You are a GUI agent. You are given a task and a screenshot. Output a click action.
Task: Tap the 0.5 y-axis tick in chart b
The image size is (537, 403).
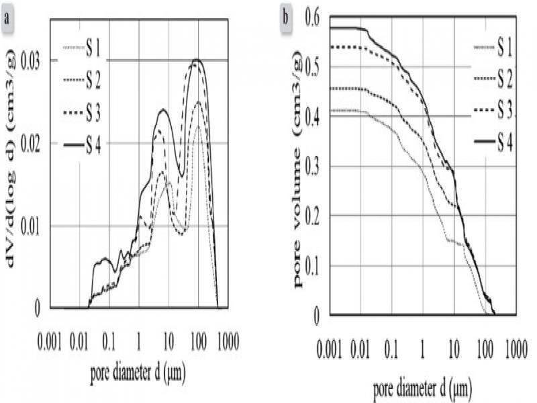[313, 66]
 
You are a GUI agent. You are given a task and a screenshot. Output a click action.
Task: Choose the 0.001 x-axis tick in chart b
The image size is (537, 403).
[330, 351]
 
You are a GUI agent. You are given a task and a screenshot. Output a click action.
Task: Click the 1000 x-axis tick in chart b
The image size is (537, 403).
[514, 351]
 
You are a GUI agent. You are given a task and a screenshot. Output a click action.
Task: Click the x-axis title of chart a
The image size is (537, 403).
[138, 371]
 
